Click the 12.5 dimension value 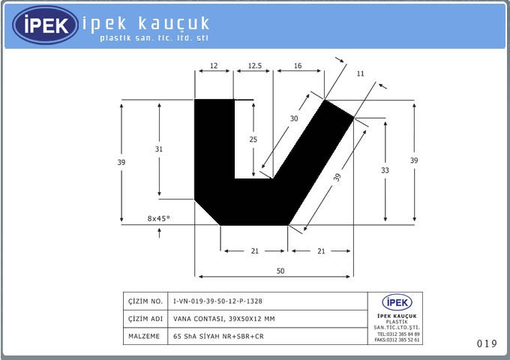[x=254, y=66]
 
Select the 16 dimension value [x=298, y=66]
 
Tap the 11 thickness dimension [x=360, y=73]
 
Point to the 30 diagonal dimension [x=294, y=118]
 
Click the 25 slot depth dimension [x=253, y=139]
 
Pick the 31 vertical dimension [x=159, y=149]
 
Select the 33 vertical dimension [x=385, y=170]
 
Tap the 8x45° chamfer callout [x=159, y=218]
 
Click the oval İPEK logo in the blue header [x=46, y=25]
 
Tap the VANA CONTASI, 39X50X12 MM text [x=223, y=319]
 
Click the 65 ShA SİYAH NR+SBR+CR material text [x=218, y=337]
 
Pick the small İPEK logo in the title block [x=397, y=303]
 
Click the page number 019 [x=487, y=343]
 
